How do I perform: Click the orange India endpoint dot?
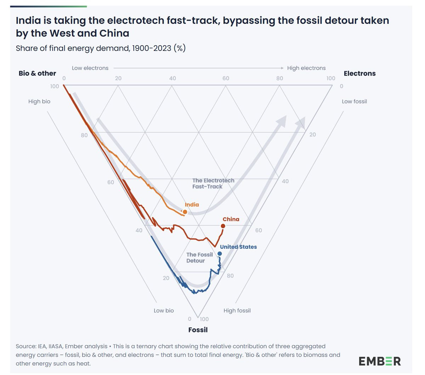[185, 212]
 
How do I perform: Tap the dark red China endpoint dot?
[223, 226]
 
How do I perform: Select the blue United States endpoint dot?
[220, 254]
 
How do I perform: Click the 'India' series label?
[192, 204]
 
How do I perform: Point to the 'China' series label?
[231, 219]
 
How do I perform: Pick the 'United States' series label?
[238, 247]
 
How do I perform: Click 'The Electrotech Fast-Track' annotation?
[213, 183]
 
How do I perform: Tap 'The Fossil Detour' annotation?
[199, 258]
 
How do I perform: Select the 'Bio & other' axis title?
[37, 73]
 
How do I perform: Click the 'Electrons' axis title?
[359, 73]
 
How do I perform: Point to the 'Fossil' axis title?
[198, 330]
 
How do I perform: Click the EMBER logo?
[380, 361]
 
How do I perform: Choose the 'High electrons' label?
[306, 68]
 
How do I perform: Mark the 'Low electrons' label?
[90, 68]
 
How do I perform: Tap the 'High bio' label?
[39, 102]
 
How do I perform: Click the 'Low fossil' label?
[354, 102]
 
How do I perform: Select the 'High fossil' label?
[237, 311]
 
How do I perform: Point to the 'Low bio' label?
[164, 311]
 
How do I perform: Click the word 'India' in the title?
[28, 21]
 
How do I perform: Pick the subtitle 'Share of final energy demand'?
[73, 48]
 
